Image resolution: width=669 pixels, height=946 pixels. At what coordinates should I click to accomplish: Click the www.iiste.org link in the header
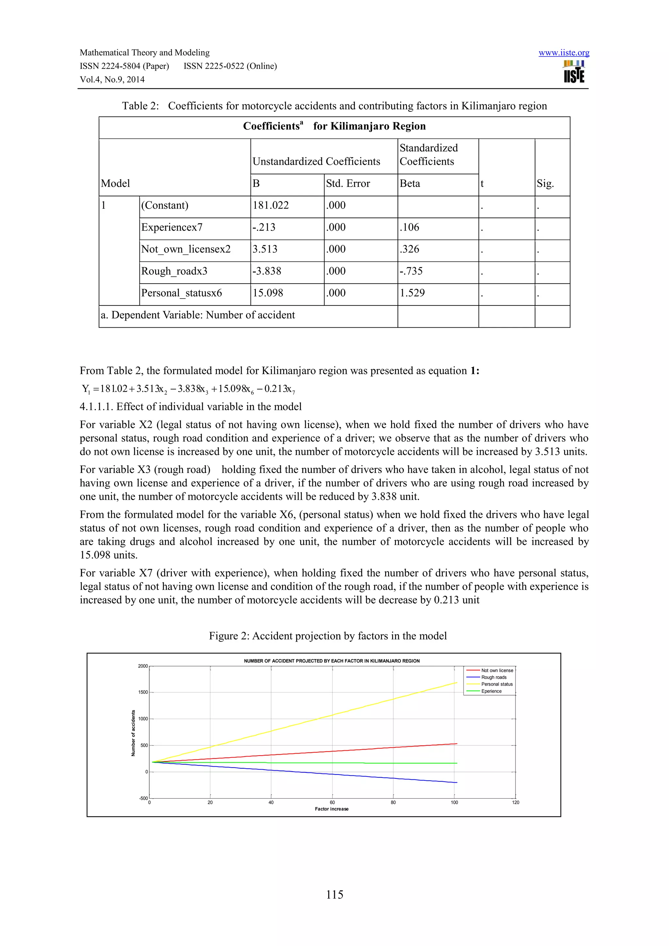563,53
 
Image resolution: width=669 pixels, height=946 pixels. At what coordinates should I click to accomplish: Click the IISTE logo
574,72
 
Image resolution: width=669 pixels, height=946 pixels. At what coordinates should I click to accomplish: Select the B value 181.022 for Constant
271,205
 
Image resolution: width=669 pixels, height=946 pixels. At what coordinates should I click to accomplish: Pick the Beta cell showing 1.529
412,293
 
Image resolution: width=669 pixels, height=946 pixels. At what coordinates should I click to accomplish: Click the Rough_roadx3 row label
174,271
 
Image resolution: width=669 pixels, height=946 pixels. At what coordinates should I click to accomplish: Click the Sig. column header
545,183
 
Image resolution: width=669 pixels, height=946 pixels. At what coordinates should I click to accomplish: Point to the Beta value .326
409,249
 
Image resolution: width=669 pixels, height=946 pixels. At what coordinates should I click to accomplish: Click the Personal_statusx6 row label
181,293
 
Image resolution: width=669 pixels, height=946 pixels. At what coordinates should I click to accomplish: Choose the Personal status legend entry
497,684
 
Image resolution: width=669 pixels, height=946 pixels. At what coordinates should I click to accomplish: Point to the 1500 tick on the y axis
143,693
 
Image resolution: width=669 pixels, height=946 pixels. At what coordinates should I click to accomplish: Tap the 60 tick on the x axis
332,803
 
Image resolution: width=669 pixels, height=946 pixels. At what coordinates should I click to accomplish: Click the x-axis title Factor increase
332,809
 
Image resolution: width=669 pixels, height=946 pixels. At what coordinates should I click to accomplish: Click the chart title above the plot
332,661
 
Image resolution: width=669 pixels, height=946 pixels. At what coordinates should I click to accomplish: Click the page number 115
334,894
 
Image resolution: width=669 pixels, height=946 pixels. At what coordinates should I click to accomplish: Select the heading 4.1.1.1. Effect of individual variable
190,407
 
